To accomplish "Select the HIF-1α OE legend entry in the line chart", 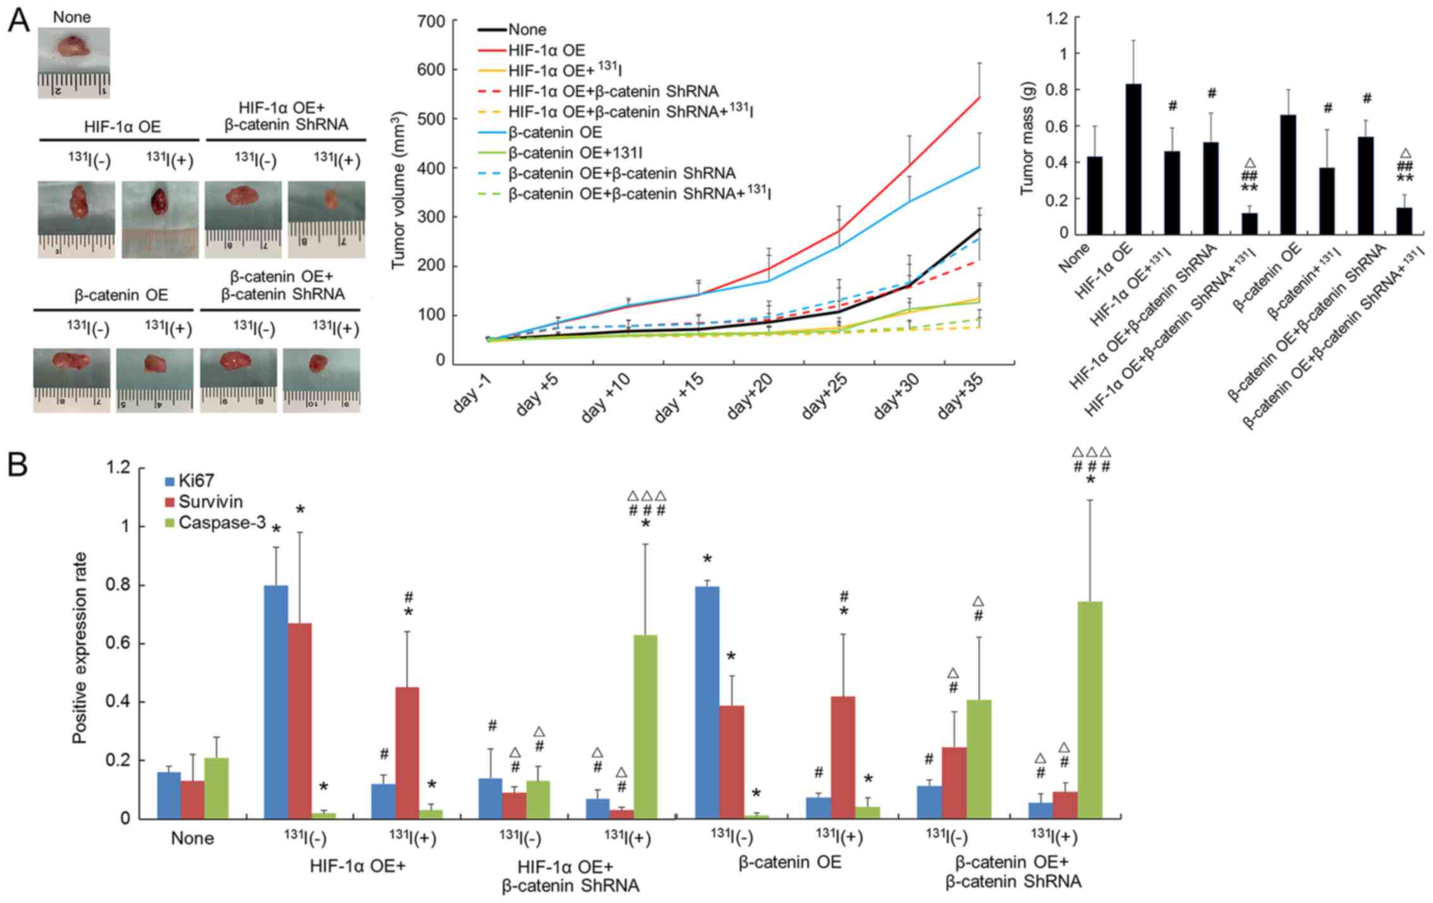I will pos(547,50).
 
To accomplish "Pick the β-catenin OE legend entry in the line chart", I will pos(555,132).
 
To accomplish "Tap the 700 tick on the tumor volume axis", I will pos(431,22).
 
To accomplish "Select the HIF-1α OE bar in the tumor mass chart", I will pos(1134,159).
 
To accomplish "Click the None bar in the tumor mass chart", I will pos(1094,195).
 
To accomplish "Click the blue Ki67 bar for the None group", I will pos(169,795).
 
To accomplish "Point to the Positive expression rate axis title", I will pos(80,648).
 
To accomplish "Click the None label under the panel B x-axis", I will pos(193,839).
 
